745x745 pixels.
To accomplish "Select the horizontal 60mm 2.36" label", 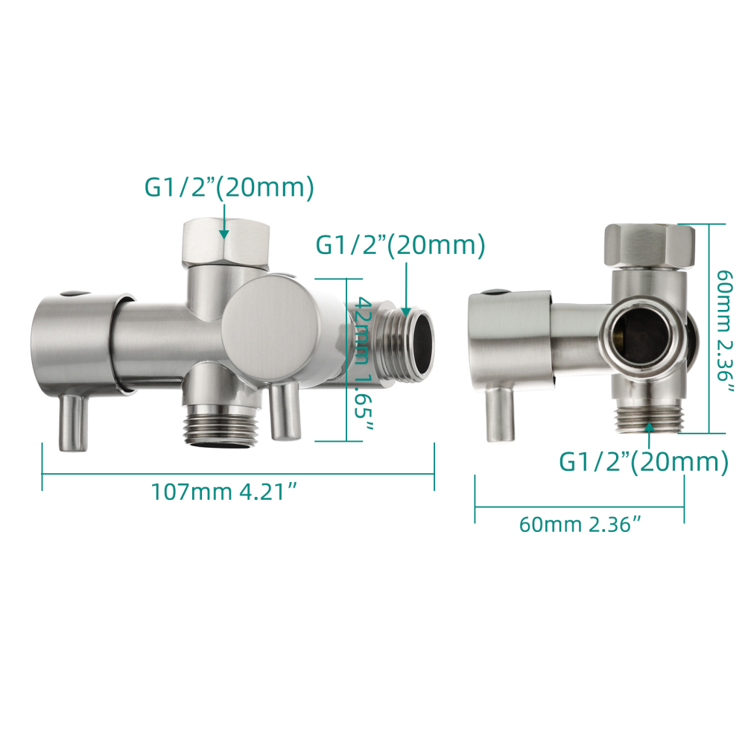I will coord(580,524).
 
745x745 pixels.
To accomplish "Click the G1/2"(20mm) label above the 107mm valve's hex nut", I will coord(229,188).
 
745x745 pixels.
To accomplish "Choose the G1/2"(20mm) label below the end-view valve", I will coord(643,463).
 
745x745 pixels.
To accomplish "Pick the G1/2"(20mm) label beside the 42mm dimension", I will coord(401,244).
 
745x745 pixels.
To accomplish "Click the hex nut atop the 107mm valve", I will coord(225,243).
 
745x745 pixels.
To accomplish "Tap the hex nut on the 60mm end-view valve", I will coord(648,246).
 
